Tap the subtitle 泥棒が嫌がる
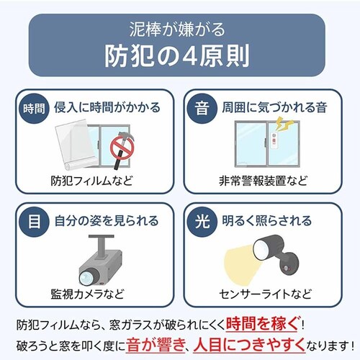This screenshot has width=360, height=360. click(x=177, y=30)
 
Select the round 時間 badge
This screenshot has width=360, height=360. click(x=34, y=109)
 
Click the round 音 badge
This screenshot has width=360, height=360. click(x=202, y=109)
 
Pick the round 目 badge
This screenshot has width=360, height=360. click(x=34, y=222)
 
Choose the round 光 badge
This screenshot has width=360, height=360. click(x=202, y=222)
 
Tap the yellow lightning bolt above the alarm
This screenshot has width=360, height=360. click(x=284, y=125)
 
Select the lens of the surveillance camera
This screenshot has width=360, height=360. click(x=87, y=277)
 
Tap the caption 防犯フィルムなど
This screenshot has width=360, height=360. click(x=91, y=181)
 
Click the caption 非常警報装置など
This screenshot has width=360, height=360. click(x=263, y=181)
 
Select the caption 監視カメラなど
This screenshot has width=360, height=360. click(x=87, y=294)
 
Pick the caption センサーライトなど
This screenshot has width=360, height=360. click(x=265, y=294)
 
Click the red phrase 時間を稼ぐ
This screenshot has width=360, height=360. click(x=263, y=324)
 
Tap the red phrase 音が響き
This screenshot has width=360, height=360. click(x=155, y=345)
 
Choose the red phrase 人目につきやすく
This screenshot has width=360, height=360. click(x=249, y=345)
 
